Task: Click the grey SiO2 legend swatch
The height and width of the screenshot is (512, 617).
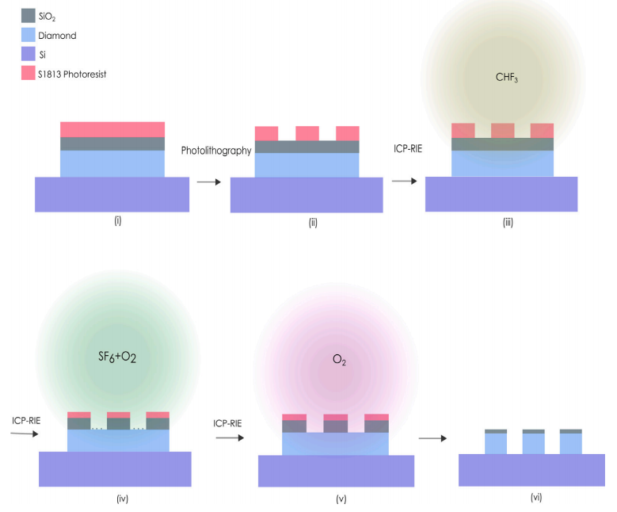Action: (x=29, y=16)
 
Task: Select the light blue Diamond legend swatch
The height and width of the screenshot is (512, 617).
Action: (x=29, y=35)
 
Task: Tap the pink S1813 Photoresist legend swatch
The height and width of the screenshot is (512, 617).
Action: (x=29, y=73)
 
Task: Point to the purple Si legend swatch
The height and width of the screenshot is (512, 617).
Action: (x=29, y=54)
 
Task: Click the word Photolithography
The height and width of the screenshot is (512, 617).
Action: (x=216, y=151)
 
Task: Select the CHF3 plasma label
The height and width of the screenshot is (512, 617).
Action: (x=507, y=77)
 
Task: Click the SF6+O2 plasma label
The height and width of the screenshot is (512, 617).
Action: (x=117, y=357)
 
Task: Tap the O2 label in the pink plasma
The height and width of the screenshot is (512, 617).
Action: (x=339, y=360)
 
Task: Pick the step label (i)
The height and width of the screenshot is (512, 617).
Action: (x=118, y=220)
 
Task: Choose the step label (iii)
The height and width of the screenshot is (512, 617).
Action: (x=508, y=223)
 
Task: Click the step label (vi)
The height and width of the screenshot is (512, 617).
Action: (x=536, y=498)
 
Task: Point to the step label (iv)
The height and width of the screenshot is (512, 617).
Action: (x=123, y=499)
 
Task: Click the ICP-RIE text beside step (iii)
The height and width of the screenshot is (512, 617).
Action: (x=408, y=148)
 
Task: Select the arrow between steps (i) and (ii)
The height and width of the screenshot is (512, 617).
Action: (x=209, y=182)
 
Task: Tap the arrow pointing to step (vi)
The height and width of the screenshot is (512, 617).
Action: (x=432, y=438)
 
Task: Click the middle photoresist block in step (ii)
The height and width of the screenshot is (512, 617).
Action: (x=307, y=133)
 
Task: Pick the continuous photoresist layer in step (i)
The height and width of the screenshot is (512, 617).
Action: (x=112, y=129)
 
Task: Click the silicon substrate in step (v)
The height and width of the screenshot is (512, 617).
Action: (x=336, y=471)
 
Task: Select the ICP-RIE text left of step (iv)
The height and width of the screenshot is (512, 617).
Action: (x=26, y=421)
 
